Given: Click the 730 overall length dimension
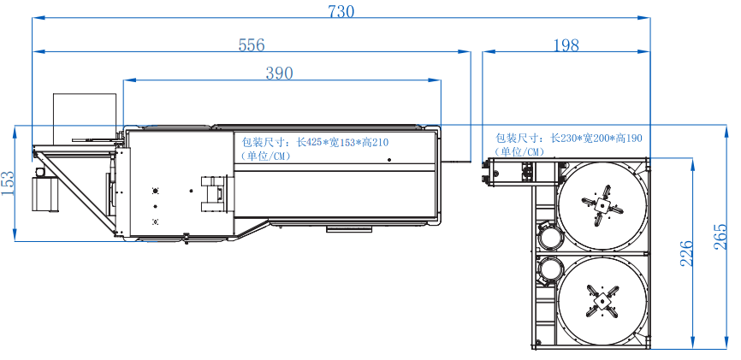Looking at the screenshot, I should (341, 11).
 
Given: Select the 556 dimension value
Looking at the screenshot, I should (252, 44).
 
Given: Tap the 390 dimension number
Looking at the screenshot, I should (279, 74).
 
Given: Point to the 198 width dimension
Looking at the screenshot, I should (566, 44).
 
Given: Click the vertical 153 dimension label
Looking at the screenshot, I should (9, 183).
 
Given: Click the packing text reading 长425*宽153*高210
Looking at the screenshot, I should (341, 143).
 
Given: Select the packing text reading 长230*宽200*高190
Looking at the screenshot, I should (595, 138).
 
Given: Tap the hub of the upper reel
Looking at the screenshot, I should (602, 206).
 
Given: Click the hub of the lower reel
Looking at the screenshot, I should (602, 300).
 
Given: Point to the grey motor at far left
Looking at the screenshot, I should (44, 192).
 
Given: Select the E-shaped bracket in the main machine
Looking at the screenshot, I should (213, 192).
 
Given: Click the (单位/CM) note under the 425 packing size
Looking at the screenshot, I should (269, 156).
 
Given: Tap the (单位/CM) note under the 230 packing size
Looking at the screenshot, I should (519, 151).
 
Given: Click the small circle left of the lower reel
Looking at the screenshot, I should (548, 272).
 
